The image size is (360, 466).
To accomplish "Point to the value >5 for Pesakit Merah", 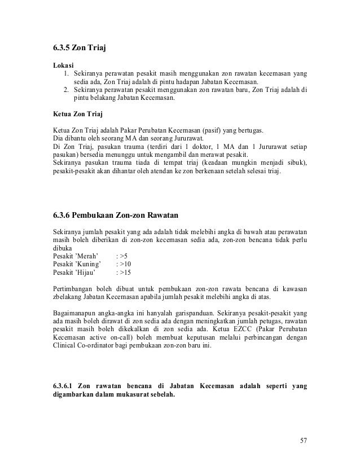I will [x=123, y=256].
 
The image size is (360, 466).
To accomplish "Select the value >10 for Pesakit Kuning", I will [x=125, y=263].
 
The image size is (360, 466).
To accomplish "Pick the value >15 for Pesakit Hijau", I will [x=125, y=272].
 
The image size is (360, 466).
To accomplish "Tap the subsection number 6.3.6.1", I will [x=64, y=386].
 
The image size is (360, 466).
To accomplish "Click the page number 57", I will [x=304, y=440].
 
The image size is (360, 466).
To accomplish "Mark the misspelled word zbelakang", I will [x=69, y=297].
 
